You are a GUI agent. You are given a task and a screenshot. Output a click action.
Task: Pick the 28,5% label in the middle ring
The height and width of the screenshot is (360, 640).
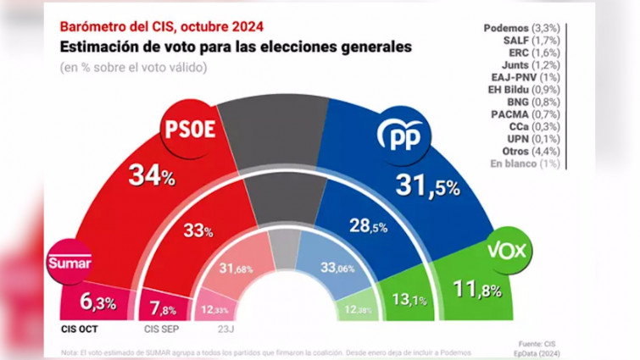(x=369, y=225)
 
